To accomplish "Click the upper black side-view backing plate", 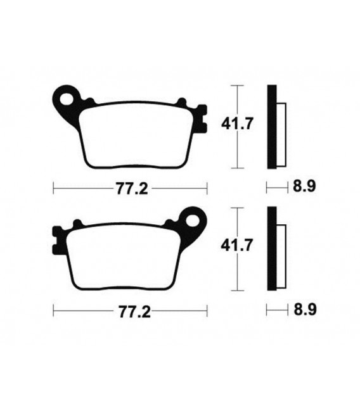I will coord(272,127).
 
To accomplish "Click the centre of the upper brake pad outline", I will coord(136,136).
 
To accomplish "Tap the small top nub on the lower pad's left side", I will coord(78,224).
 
